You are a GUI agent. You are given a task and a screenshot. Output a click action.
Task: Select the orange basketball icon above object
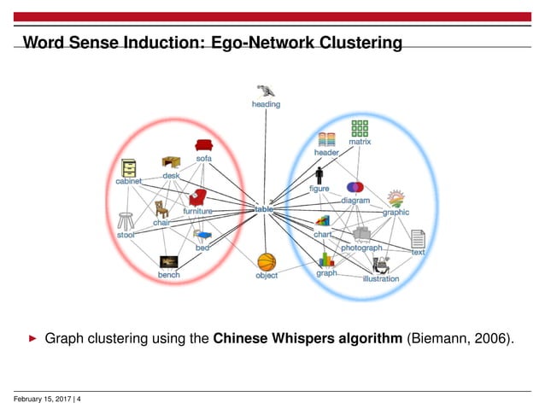267,260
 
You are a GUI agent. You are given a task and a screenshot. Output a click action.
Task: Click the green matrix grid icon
360,130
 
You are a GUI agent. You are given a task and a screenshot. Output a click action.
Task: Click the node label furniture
197,210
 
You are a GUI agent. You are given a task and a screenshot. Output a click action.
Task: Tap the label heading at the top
265,104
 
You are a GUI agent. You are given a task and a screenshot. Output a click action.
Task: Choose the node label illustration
380,278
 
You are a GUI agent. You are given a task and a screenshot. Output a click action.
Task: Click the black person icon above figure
318,175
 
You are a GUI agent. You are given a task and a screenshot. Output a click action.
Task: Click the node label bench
168,275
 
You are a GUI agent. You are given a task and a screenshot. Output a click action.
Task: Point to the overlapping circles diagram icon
355,187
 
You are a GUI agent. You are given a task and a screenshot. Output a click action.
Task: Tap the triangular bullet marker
33,339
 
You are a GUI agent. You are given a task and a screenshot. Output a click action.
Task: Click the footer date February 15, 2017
43,398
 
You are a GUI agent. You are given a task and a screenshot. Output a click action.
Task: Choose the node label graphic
396,213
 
